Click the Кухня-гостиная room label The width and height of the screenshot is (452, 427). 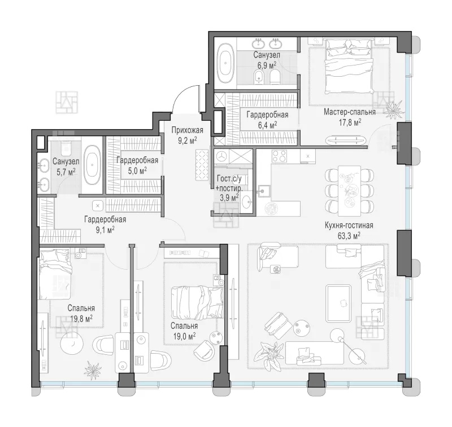pos(349,225)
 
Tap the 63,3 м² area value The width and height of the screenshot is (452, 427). pos(349,236)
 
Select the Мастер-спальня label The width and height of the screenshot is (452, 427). pos(350,112)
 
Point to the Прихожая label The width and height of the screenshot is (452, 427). pos(188,130)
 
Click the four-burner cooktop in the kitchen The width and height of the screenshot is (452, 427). pos(279,157)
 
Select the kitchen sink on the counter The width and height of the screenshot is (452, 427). pos(264,191)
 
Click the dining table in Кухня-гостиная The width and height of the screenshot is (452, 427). pos(349,191)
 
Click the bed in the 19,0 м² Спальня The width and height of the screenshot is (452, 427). pos(197,303)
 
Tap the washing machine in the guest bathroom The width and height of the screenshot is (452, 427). pos(221,157)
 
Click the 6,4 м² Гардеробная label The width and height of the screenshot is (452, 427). pos(267,115)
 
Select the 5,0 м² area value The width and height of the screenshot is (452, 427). pos(137,170)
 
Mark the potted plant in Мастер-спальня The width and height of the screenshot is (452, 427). pos(393,109)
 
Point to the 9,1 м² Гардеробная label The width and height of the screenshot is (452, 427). pos(105,219)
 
